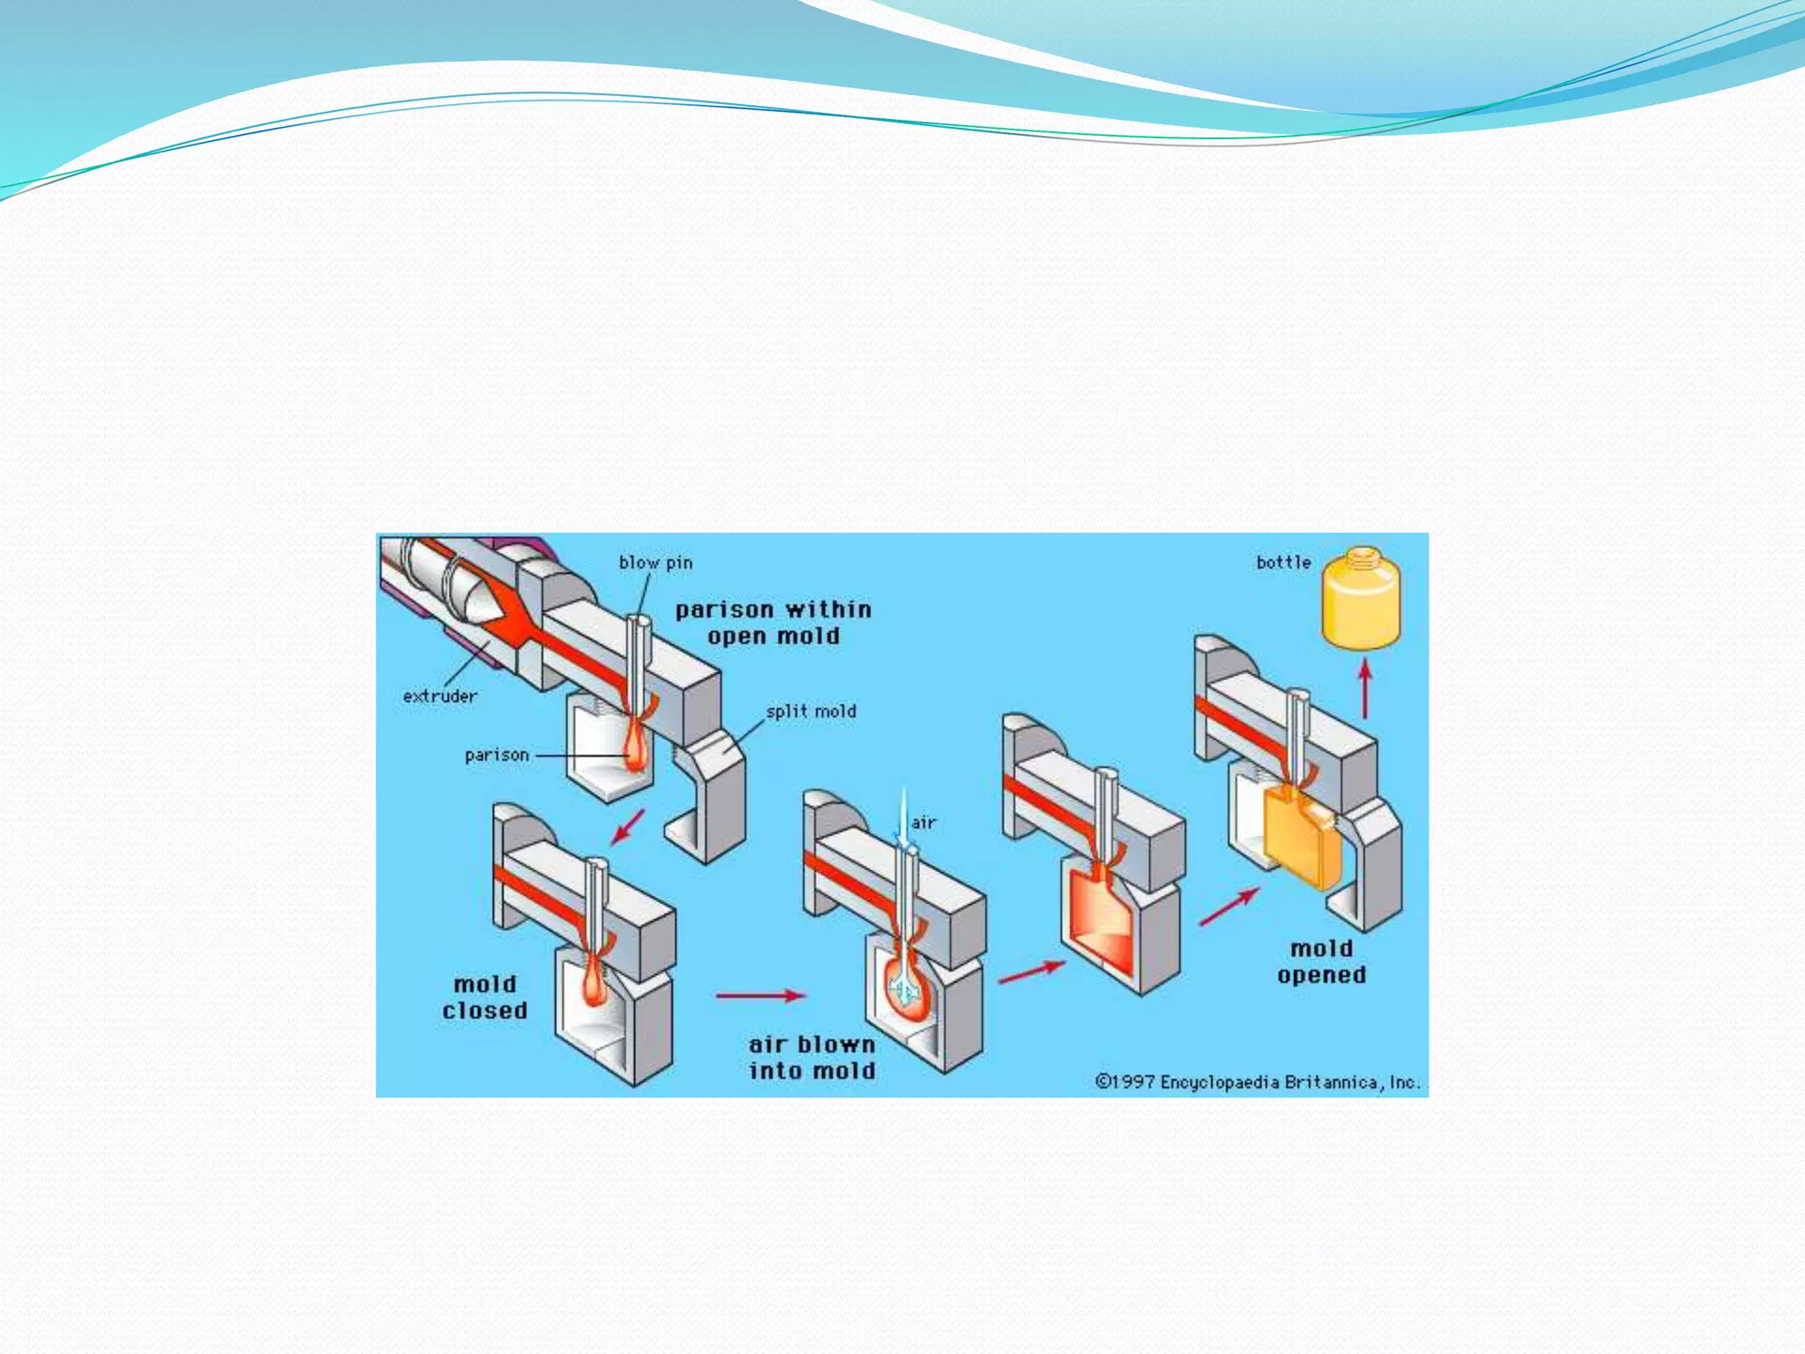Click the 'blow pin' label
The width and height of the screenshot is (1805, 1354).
(x=656, y=562)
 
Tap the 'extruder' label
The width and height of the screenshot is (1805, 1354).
(x=440, y=696)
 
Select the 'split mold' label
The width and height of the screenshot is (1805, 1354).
(x=811, y=711)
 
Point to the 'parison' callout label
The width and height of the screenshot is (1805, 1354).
(x=497, y=755)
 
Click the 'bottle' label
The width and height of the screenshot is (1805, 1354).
(x=1283, y=562)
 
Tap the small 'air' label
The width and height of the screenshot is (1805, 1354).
(x=924, y=822)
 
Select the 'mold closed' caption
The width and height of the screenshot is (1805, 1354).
(x=485, y=998)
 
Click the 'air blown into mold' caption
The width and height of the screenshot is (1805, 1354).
(x=812, y=1058)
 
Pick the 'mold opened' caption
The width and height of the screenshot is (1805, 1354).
(x=1321, y=962)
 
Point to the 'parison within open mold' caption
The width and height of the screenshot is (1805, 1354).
(x=773, y=622)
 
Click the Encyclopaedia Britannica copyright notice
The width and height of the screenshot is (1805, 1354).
(x=1258, y=1082)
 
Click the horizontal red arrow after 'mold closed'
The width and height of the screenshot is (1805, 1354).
(x=760, y=995)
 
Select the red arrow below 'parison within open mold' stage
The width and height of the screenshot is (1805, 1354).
(x=628, y=826)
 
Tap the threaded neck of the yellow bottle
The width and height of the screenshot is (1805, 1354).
(x=1362, y=554)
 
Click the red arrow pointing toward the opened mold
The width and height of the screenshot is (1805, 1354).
(x=1229, y=907)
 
